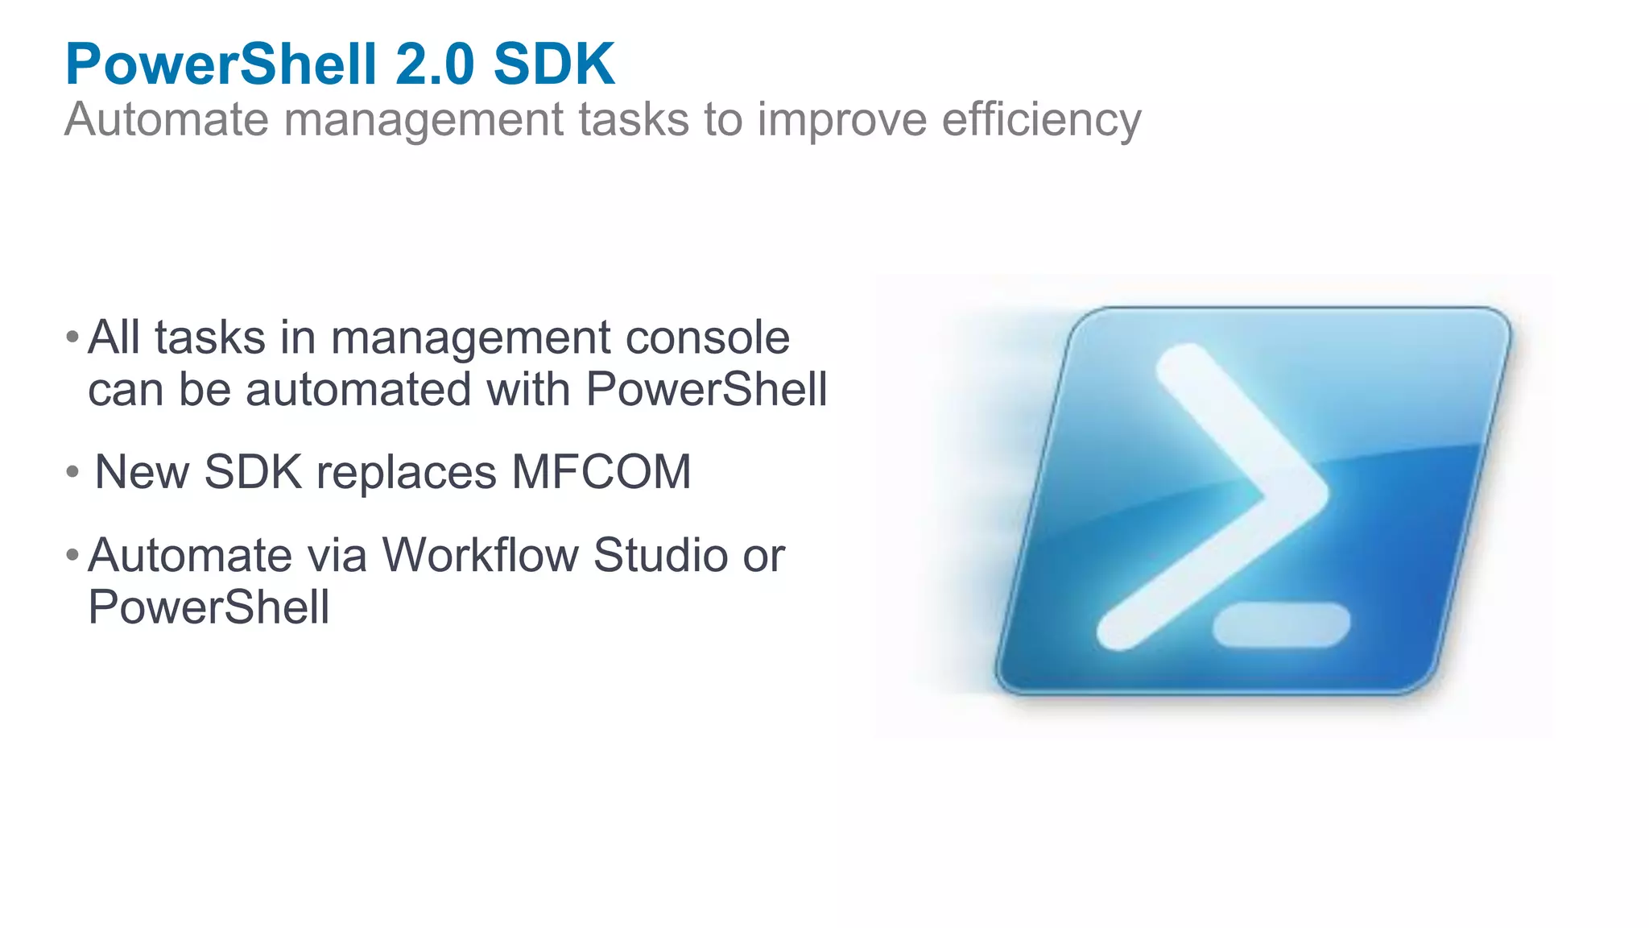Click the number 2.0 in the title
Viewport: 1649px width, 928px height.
point(435,64)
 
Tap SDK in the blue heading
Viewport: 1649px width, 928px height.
point(554,64)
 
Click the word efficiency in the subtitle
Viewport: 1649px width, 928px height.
point(1041,119)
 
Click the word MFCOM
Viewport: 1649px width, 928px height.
point(601,472)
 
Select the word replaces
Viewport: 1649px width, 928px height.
point(407,472)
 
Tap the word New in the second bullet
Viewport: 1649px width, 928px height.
point(142,472)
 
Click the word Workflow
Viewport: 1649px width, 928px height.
point(481,555)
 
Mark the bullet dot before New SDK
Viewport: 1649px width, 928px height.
point(72,471)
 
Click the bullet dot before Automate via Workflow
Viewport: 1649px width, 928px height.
point(72,554)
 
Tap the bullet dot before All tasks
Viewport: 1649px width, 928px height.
point(72,336)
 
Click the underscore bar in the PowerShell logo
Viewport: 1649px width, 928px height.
point(1281,624)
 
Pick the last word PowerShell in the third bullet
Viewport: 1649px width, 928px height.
point(209,607)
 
